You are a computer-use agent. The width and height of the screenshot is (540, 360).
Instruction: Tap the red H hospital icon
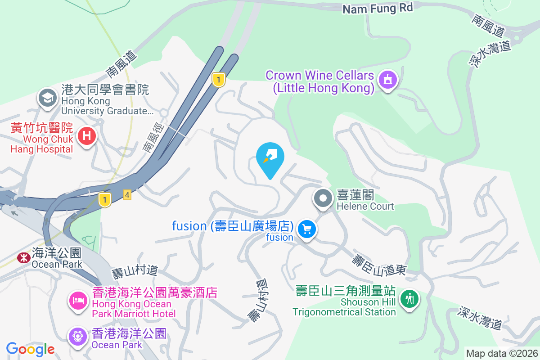[87, 135]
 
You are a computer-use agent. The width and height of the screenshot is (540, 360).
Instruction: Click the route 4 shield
[127, 195]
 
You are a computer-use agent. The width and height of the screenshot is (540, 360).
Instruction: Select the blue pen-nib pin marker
[270, 157]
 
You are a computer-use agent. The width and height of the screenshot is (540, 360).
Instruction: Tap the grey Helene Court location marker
[323, 198]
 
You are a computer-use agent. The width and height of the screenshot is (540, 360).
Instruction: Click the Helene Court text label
[365, 201]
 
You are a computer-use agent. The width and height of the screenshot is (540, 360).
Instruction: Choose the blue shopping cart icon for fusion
[307, 229]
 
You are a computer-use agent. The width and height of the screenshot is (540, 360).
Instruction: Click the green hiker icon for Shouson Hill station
[409, 298]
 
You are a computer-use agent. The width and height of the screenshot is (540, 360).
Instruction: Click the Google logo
[30, 349]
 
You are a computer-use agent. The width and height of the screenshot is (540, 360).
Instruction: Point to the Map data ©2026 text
[501, 353]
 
